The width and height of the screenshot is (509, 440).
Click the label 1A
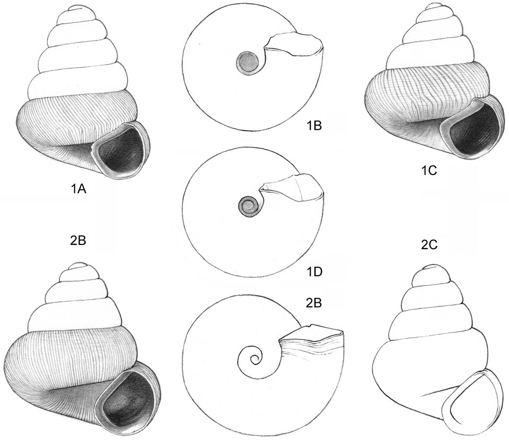pos(78,189)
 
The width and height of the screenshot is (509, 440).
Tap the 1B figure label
pos(314,126)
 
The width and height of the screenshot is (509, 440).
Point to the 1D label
pos(314,272)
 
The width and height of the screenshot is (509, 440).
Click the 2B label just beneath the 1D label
pos(314,303)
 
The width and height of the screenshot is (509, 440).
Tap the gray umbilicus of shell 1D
pos(249,206)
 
